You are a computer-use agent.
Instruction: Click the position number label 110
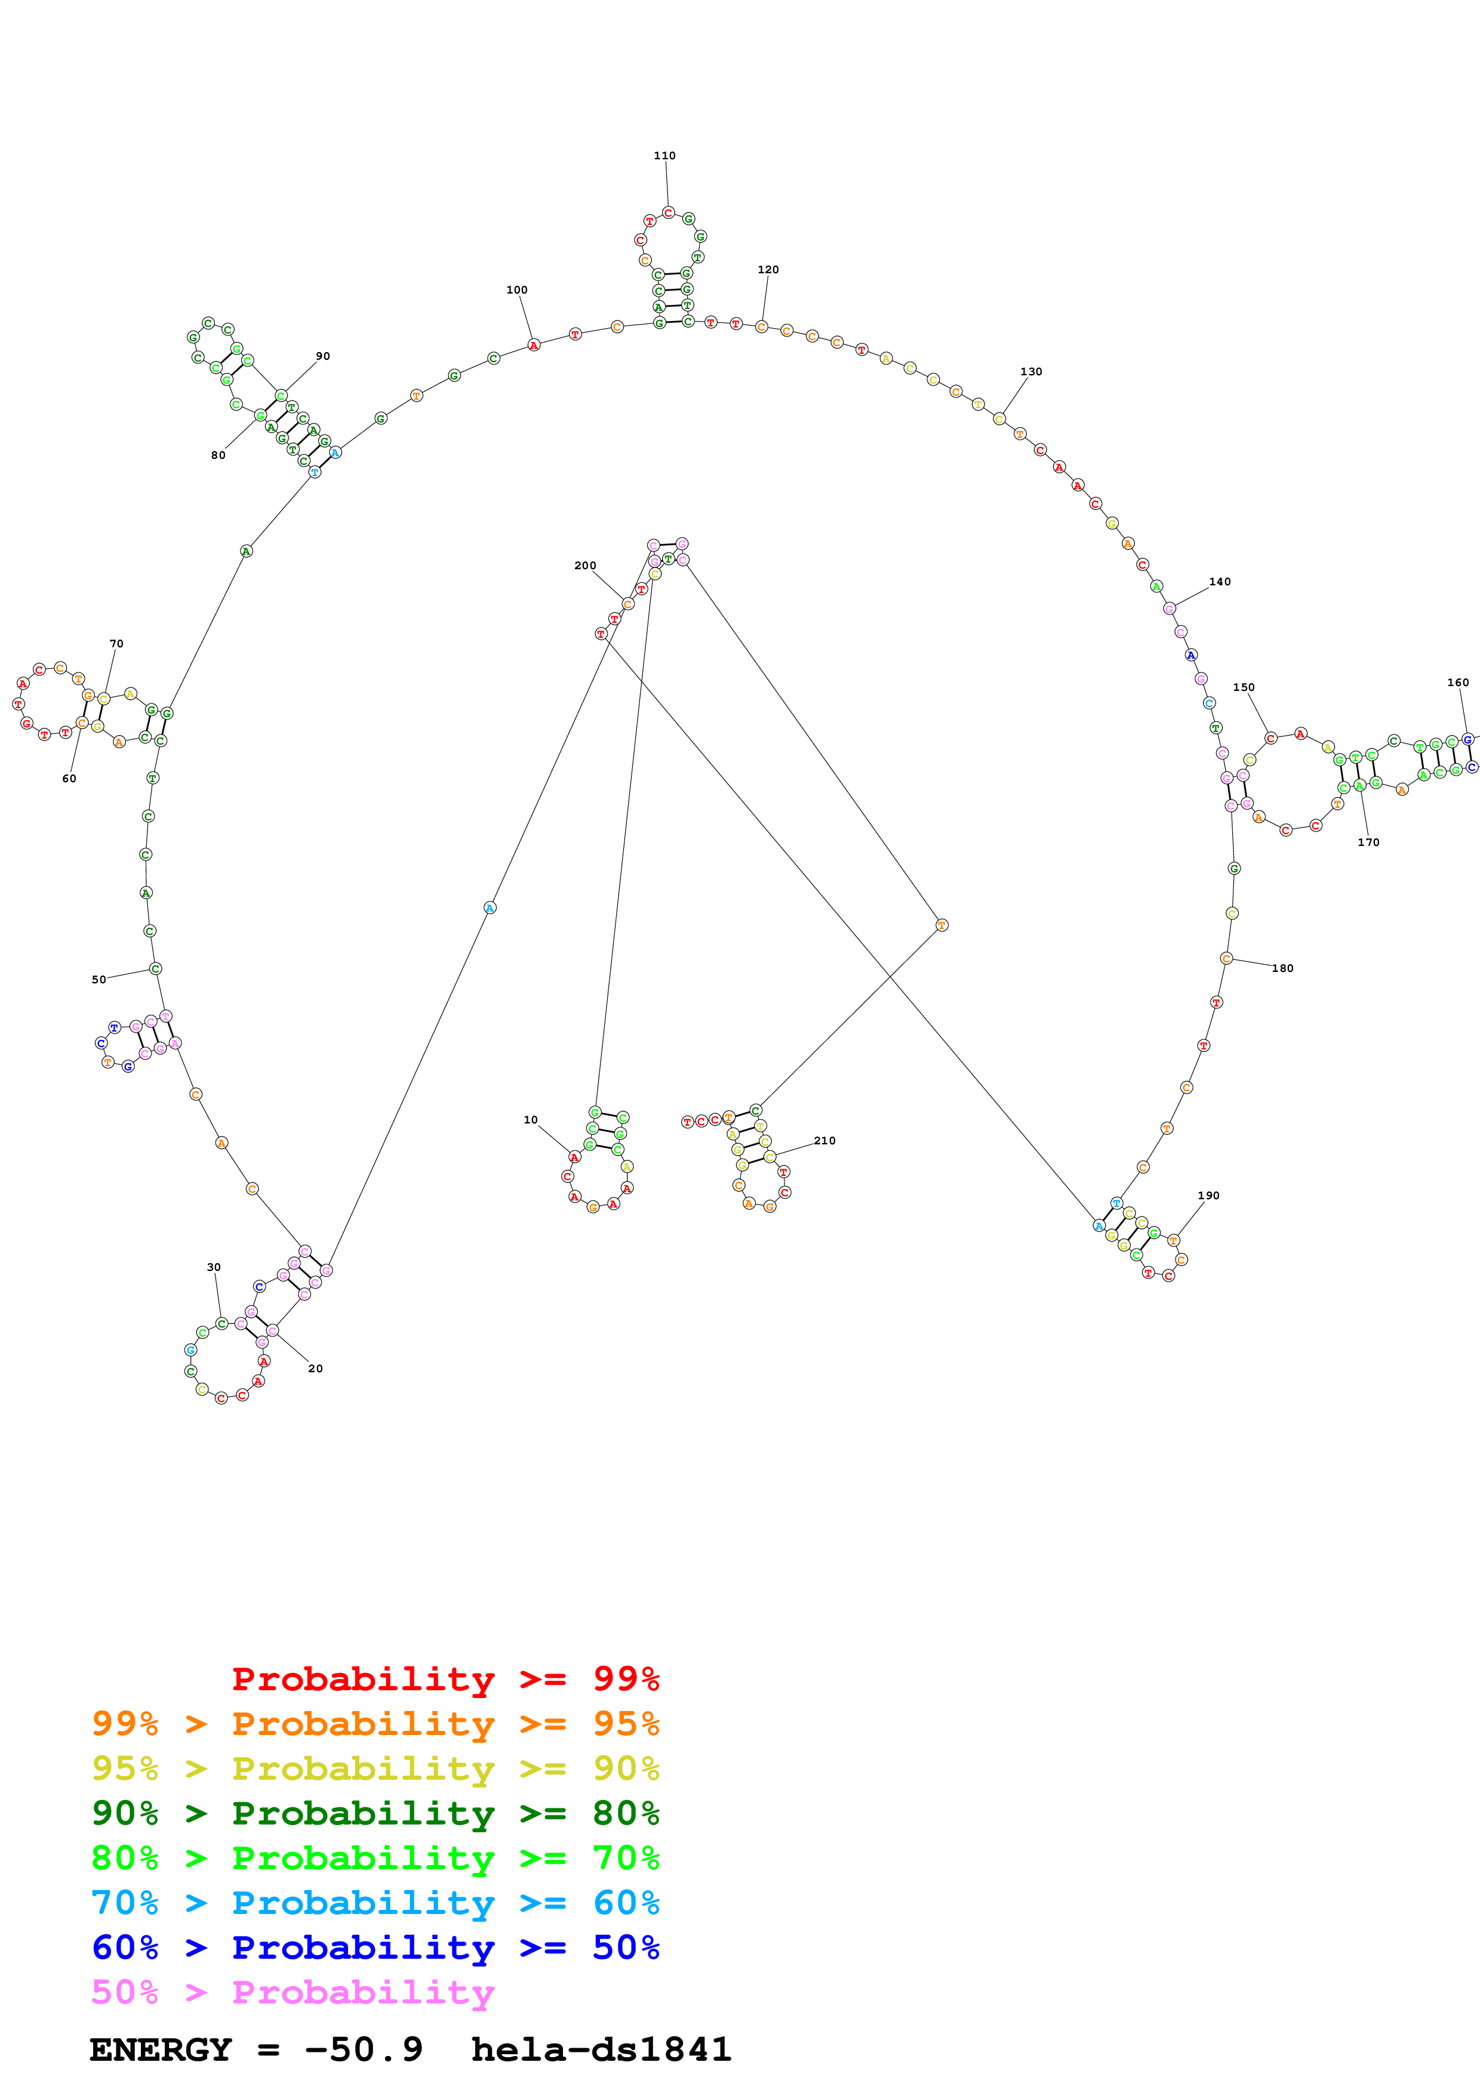(x=664, y=156)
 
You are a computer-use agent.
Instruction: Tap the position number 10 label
(x=531, y=1119)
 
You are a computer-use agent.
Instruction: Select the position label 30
(x=213, y=1267)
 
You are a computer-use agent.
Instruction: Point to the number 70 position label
(x=117, y=644)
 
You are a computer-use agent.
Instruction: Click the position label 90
(x=323, y=356)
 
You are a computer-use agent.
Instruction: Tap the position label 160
(x=1457, y=683)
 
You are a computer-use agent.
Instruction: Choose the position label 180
(x=1282, y=969)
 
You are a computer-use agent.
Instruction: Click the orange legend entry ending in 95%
(x=375, y=1724)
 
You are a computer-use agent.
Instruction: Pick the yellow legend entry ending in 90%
(x=375, y=1768)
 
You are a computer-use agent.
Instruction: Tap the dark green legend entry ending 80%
(x=375, y=1813)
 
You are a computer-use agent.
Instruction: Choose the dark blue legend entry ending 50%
(x=375, y=1947)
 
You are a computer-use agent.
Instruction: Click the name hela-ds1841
(x=601, y=2050)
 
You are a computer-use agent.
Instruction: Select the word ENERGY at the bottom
(x=161, y=2050)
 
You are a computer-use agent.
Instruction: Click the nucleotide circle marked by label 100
(x=534, y=345)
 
